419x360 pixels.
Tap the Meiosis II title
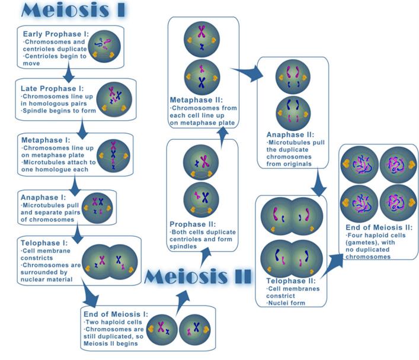(197, 275)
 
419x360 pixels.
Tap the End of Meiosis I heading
(119, 314)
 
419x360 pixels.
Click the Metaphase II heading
(196, 100)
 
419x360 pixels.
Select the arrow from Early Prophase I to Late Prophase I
(69, 75)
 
